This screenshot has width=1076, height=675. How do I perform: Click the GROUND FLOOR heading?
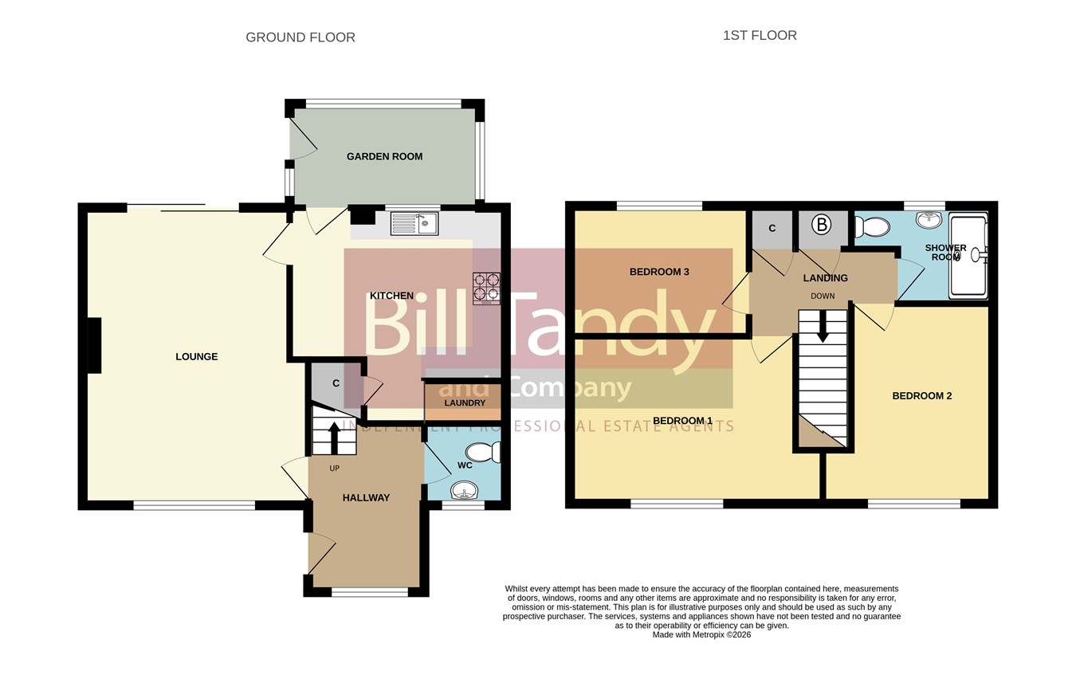click(300, 37)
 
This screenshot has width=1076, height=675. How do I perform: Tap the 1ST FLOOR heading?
click(760, 36)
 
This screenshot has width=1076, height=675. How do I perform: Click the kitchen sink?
click(414, 223)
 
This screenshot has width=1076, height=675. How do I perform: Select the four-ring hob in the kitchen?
click(487, 288)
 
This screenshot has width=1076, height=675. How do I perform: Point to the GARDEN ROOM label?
click(384, 157)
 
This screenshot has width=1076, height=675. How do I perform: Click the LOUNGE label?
click(196, 356)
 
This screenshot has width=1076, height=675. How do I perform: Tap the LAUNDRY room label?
click(465, 402)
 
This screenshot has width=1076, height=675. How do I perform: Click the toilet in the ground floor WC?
click(483, 453)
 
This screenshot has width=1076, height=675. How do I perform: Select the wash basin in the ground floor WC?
click(464, 491)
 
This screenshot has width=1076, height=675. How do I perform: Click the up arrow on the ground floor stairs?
click(334, 438)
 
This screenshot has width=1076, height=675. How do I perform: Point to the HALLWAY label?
click(366, 498)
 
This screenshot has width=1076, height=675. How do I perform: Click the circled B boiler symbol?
click(822, 225)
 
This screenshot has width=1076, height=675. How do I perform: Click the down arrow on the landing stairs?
click(823, 327)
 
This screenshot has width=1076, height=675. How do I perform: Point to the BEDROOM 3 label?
click(659, 272)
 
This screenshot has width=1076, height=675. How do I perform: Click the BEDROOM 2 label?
click(922, 396)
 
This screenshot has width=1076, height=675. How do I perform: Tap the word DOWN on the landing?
click(823, 296)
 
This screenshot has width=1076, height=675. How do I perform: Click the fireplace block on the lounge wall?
click(94, 345)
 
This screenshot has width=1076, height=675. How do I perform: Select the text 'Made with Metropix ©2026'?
click(701, 634)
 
